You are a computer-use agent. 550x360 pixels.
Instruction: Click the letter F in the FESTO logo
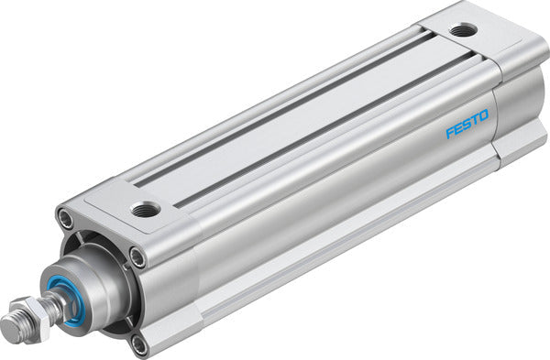click(x=450, y=134)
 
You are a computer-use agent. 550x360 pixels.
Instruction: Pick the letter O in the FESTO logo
click(x=485, y=117)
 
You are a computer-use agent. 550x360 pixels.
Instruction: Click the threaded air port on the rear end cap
click(x=463, y=30)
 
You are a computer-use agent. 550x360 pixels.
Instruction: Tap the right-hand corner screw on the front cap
click(x=137, y=257)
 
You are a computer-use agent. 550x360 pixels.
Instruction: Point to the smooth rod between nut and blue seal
click(x=57, y=304)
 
